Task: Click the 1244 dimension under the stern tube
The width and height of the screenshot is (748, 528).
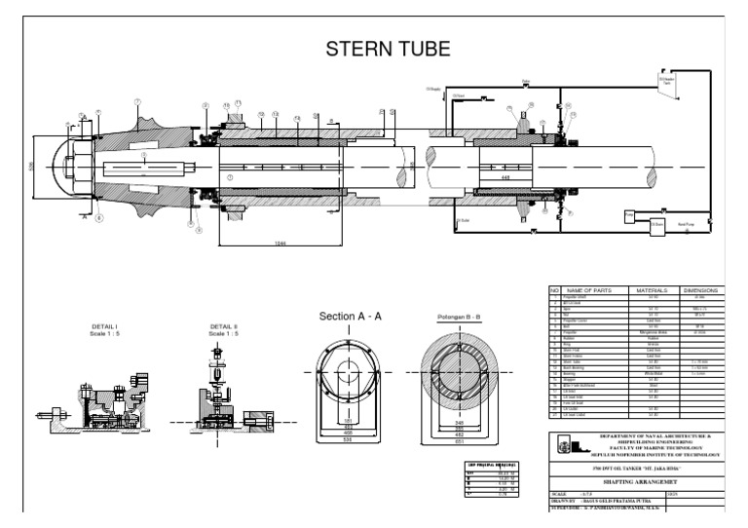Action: pos(280,242)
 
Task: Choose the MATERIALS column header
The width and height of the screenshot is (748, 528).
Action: pos(650,291)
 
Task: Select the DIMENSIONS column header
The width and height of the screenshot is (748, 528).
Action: pos(699,291)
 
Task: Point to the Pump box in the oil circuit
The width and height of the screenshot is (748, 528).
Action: pos(629,213)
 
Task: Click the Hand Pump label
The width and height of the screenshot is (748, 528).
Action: pos(686,223)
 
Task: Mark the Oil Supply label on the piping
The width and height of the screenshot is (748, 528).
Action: pos(434,90)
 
